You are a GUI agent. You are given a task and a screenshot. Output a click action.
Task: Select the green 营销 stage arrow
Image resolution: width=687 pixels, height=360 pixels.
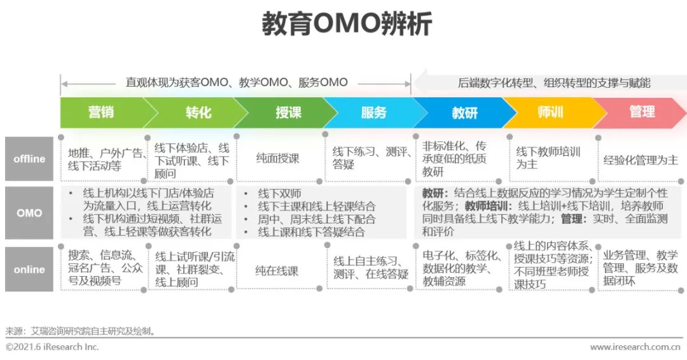click(101, 113)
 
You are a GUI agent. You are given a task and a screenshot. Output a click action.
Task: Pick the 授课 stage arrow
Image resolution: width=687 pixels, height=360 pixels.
click(288, 113)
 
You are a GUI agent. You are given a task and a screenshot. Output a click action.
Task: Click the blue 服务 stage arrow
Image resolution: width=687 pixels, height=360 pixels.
click(374, 113)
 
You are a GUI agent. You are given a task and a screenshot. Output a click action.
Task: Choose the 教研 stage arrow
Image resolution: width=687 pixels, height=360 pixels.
click(464, 113)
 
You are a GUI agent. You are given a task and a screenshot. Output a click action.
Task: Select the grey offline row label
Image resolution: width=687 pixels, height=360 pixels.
click(29, 159)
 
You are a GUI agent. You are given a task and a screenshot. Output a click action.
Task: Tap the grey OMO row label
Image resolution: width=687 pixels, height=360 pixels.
click(29, 213)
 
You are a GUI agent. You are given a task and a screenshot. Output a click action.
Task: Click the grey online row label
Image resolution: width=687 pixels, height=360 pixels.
click(29, 270)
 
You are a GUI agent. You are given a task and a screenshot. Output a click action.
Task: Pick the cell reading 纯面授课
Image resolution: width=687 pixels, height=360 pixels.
click(277, 158)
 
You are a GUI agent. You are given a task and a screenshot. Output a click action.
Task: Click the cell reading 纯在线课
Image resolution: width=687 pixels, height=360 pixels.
click(277, 270)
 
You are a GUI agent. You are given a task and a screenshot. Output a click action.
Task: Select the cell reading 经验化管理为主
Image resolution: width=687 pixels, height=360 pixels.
click(641, 160)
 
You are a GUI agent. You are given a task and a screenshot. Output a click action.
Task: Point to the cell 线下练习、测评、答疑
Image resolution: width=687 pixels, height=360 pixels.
click(370, 158)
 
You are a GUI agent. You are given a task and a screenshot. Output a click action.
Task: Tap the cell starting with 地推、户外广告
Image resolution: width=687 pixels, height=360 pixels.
click(103, 159)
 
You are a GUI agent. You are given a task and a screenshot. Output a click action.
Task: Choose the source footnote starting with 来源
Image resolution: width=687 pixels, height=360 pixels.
click(81, 331)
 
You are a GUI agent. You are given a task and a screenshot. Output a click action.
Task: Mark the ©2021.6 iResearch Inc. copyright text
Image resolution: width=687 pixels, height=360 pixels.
click(52, 347)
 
